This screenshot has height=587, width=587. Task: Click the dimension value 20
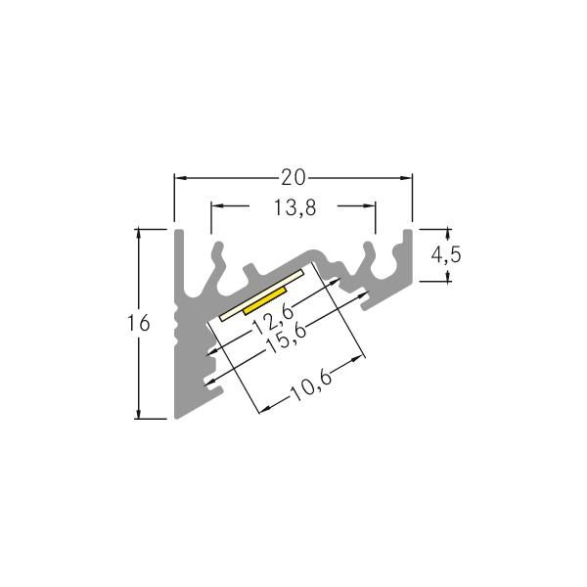click(293, 177)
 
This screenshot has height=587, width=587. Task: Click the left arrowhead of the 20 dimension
click(179, 177)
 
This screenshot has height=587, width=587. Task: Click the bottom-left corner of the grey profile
click(176, 417)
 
